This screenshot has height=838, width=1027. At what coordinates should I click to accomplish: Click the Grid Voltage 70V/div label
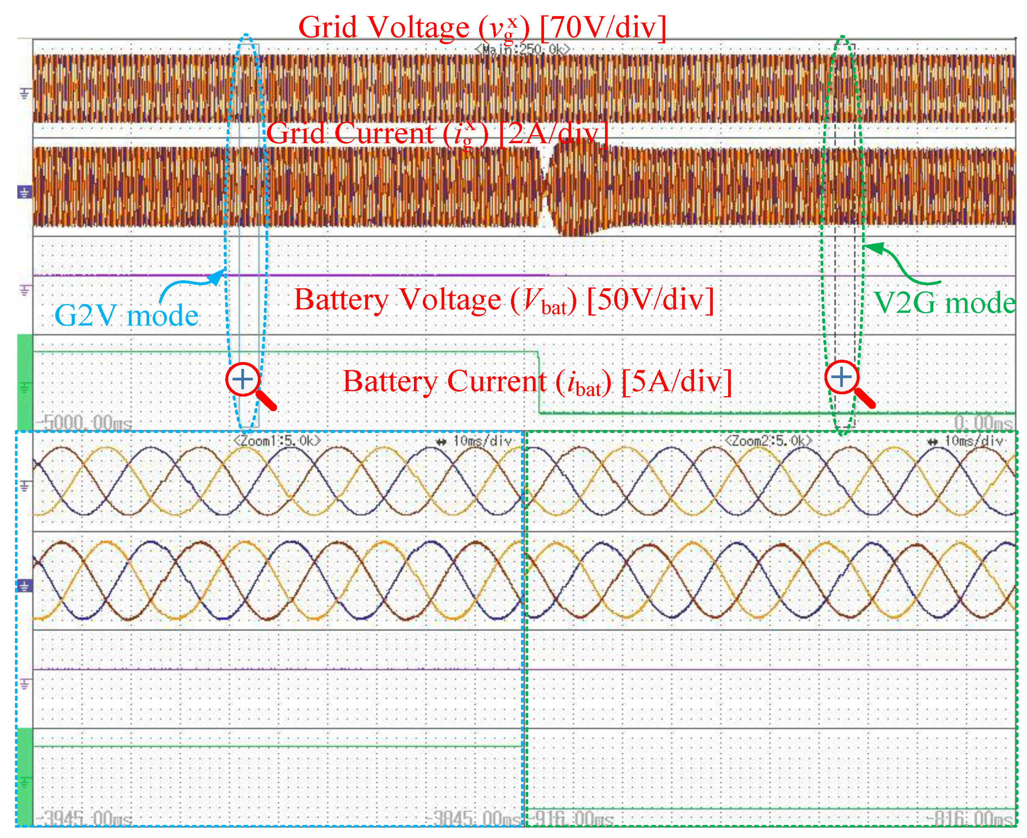click(482, 28)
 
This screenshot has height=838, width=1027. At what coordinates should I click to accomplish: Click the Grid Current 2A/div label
click(437, 134)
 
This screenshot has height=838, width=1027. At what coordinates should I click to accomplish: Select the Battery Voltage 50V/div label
click(504, 301)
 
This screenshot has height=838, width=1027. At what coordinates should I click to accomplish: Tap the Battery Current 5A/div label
click(537, 382)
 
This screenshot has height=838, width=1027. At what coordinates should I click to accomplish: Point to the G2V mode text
click(127, 316)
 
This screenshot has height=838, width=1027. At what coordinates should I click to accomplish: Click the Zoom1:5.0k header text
click(277, 441)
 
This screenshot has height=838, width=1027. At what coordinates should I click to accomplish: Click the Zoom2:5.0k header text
click(768, 441)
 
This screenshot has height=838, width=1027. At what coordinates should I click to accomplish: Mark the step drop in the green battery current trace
click(538, 382)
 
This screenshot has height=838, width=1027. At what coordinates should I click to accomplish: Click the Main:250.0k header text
click(522, 49)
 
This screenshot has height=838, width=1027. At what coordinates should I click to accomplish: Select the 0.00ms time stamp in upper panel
click(983, 423)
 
